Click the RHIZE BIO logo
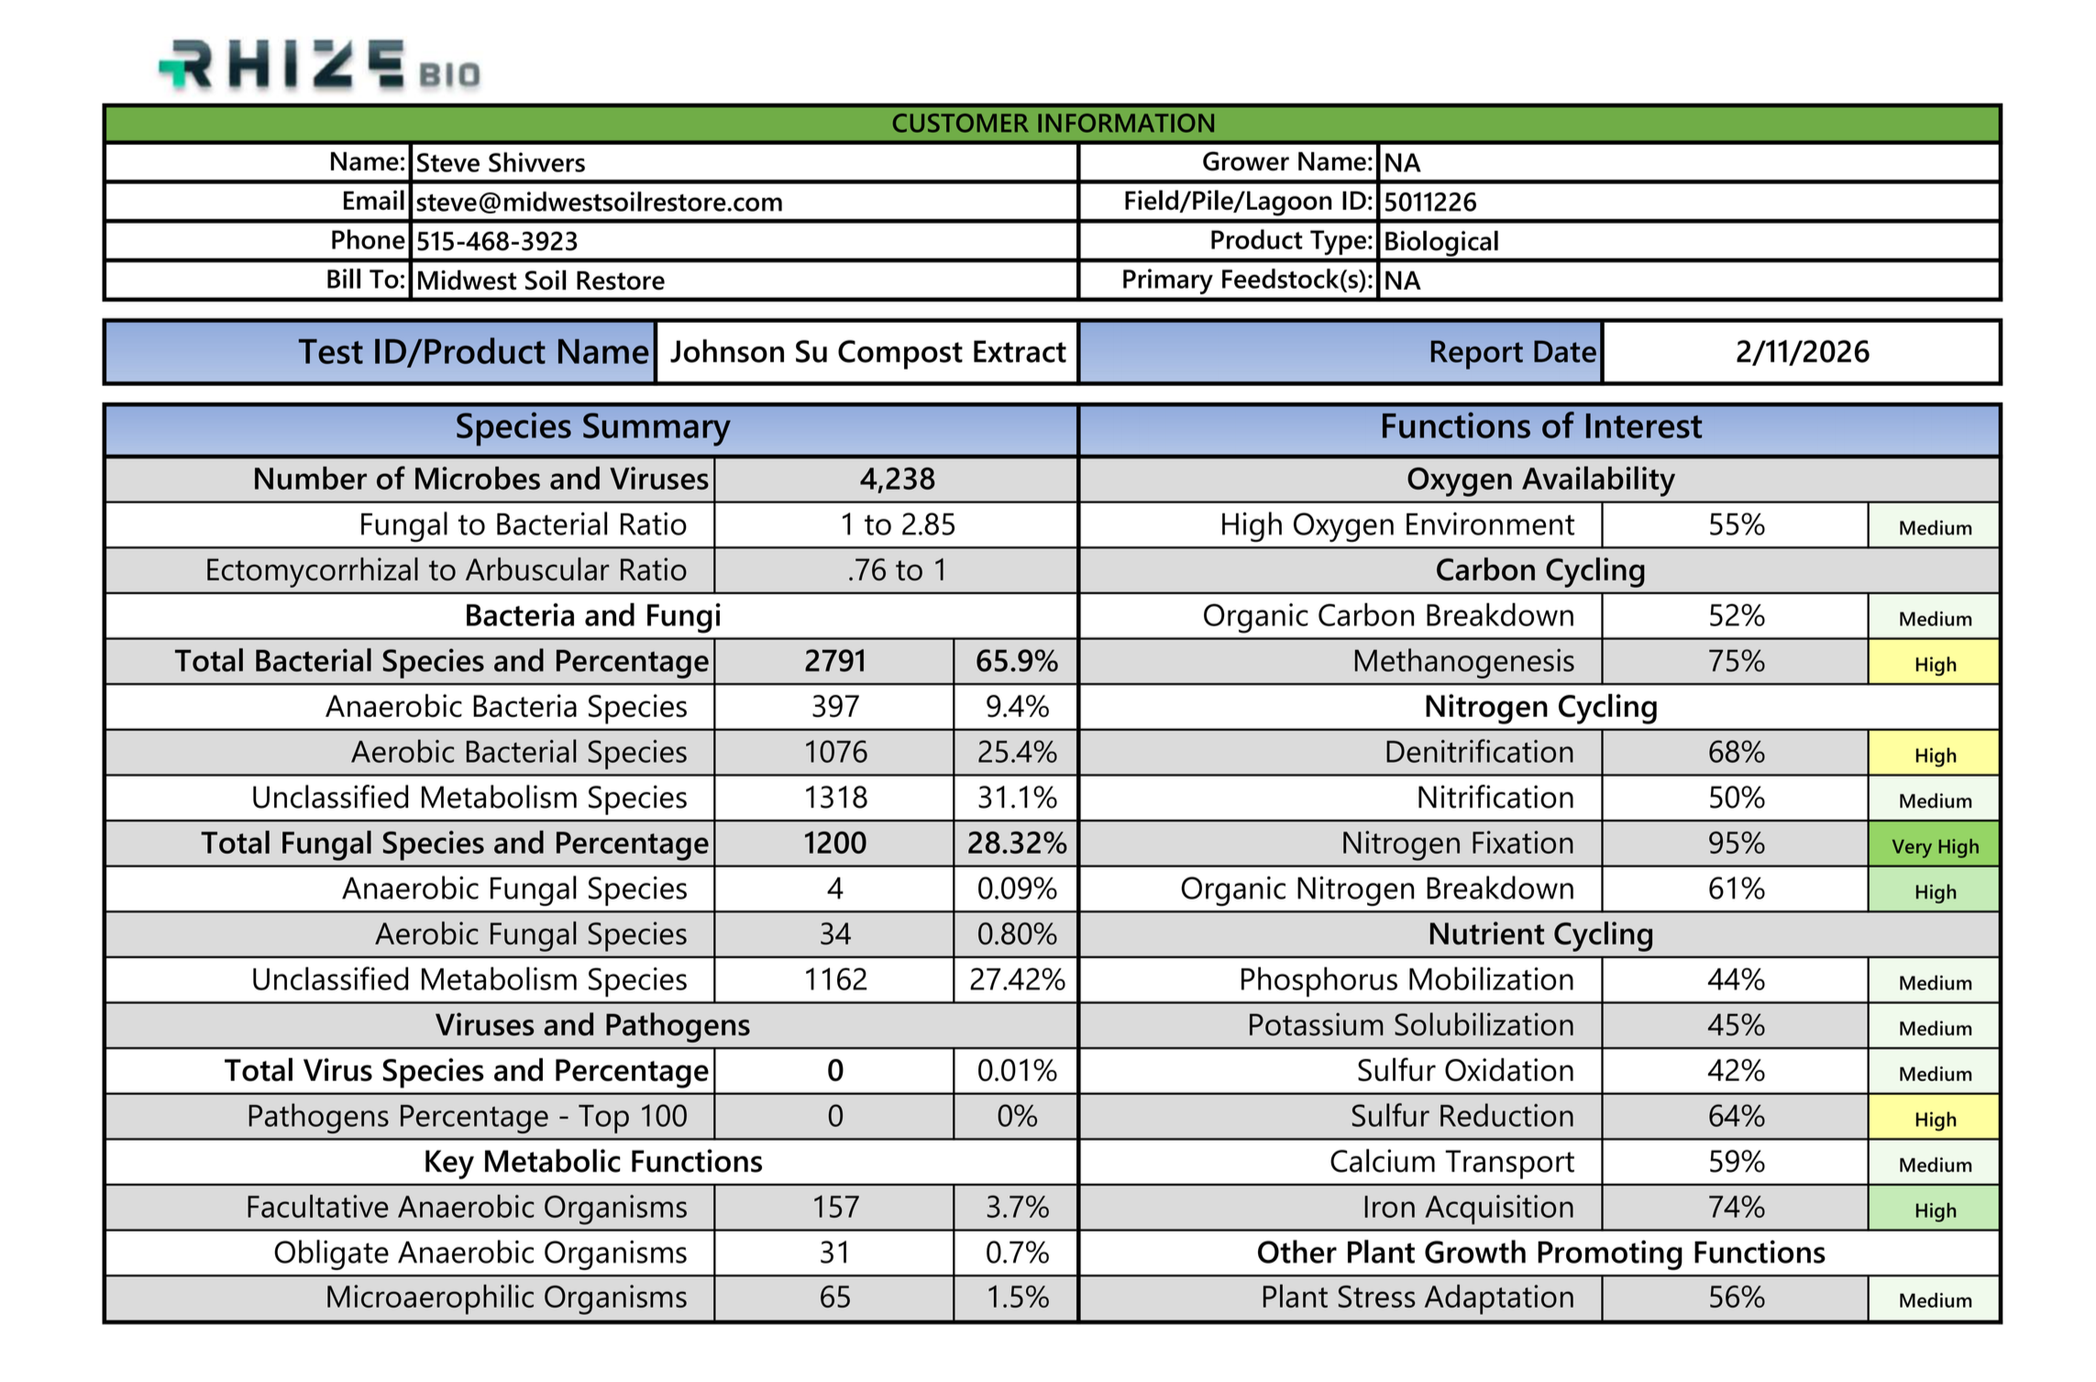pyautogui.click(x=319, y=66)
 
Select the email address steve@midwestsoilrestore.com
pyautogui.click(x=599, y=202)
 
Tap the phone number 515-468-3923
pyautogui.click(x=497, y=241)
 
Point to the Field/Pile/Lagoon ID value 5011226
pyautogui.click(x=1429, y=202)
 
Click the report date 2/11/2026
pyautogui.click(x=1802, y=352)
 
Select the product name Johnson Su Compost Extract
pyautogui.click(x=867, y=352)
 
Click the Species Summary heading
pyautogui.click(x=592, y=427)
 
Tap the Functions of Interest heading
pyautogui.click(x=1540, y=427)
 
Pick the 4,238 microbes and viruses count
pyautogui.click(x=897, y=479)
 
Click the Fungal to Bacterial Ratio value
pyautogui.click(x=897, y=525)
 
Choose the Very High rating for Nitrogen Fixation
pyautogui.click(x=1935, y=846)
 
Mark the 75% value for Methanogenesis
pyautogui.click(x=1736, y=661)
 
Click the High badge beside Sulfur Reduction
pyautogui.click(x=1935, y=1119)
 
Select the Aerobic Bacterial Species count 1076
pyautogui.click(x=834, y=752)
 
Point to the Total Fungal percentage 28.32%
pyautogui.click(x=1016, y=843)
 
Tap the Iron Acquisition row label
pyautogui.click(x=1467, y=1208)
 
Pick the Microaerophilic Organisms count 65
pyautogui.click(x=834, y=1298)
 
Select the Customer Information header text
pyautogui.click(x=1053, y=124)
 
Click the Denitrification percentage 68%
pyautogui.click(x=1736, y=752)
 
